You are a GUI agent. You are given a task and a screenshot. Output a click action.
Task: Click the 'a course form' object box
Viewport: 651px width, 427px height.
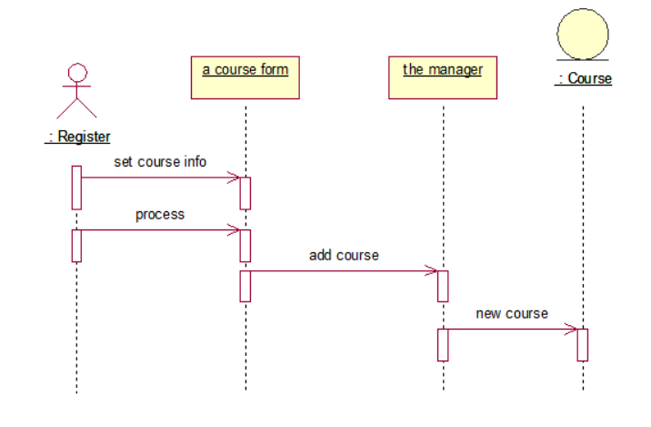(x=245, y=77)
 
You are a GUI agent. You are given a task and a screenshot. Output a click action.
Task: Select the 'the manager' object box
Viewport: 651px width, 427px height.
(x=443, y=77)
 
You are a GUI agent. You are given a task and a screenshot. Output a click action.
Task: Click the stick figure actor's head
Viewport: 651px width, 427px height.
(x=77, y=72)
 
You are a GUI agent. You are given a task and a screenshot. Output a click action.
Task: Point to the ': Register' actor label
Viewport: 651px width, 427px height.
(x=78, y=137)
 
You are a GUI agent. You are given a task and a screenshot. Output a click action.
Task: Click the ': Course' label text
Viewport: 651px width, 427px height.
(x=584, y=79)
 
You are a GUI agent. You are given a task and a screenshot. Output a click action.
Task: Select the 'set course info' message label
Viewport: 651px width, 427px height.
(x=160, y=162)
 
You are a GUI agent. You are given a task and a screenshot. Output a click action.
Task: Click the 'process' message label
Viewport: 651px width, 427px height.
(x=160, y=215)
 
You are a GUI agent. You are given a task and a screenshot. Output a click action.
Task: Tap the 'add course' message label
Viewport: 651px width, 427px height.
(x=344, y=255)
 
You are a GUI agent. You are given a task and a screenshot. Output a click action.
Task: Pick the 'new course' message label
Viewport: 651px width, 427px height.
(x=512, y=313)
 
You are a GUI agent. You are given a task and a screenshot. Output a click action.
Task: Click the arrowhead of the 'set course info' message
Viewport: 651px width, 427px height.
(x=235, y=178)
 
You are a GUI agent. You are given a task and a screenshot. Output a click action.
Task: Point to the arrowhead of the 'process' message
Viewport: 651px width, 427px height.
(x=235, y=230)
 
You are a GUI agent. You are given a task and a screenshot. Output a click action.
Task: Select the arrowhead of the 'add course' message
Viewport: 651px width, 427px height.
(x=433, y=270)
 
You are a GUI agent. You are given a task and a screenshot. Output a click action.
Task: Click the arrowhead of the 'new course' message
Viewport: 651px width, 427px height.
(x=572, y=329)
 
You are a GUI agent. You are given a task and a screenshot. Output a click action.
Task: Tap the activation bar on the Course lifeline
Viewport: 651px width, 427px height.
(x=583, y=344)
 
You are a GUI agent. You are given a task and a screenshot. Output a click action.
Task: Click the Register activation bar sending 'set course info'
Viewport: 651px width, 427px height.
(x=77, y=187)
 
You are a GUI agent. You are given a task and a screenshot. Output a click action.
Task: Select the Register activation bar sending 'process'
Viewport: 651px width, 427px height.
(x=77, y=245)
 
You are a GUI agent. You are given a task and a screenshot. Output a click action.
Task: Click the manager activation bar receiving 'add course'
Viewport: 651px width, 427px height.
(x=443, y=285)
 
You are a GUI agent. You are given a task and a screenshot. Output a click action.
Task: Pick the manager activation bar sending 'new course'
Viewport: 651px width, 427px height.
(x=443, y=344)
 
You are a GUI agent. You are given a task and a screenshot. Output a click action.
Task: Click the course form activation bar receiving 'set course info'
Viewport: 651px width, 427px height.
(x=245, y=192)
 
